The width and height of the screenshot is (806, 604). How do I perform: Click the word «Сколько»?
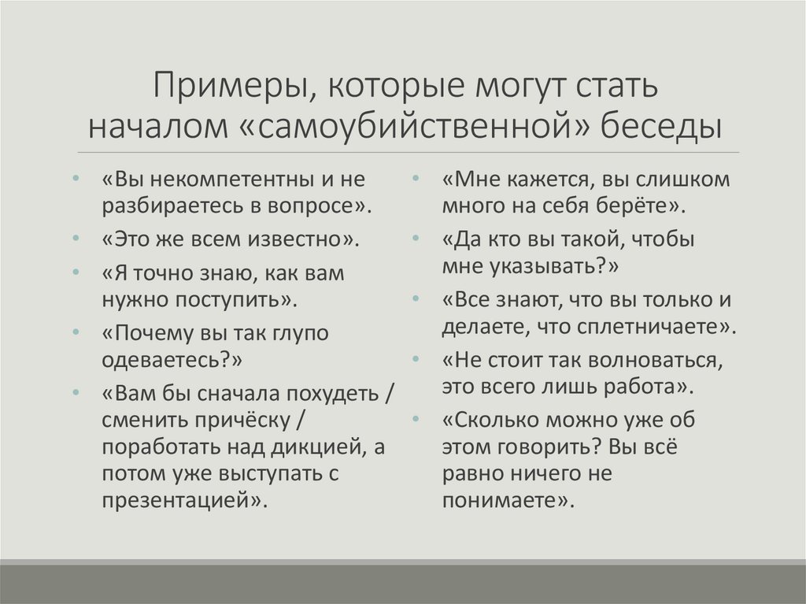pyautogui.click(x=496, y=420)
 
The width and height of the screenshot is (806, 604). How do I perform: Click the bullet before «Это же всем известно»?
pyautogui.click(x=74, y=237)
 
